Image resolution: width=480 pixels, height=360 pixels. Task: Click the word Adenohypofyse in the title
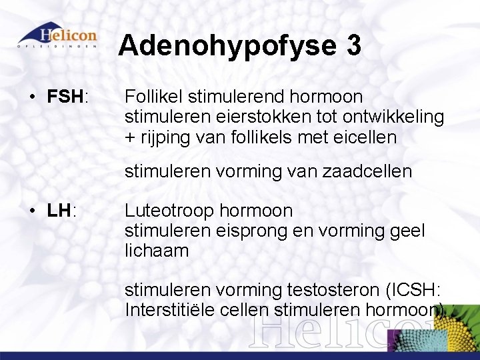click(227, 46)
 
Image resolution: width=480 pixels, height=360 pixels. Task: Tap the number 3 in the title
click(354, 46)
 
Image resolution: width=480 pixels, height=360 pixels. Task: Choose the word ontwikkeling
click(393, 117)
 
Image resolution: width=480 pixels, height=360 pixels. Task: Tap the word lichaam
click(157, 251)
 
